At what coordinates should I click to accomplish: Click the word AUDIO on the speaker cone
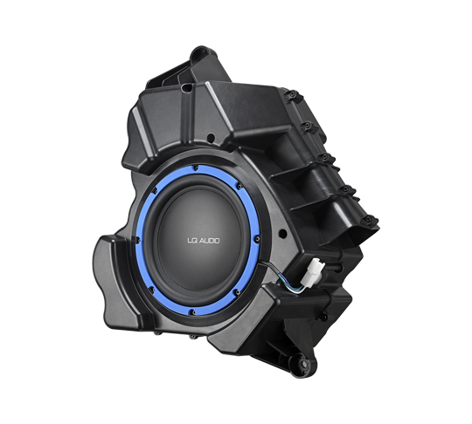(210, 241)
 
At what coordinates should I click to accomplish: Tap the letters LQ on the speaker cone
(192, 241)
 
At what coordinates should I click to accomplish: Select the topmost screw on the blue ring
(196, 169)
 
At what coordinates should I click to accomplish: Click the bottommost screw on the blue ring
(192, 312)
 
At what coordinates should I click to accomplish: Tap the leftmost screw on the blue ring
(138, 240)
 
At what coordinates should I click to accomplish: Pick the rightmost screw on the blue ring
(257, 239)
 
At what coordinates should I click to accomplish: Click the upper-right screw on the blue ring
(239, 187)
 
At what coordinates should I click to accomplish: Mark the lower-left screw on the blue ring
(151, 291)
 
